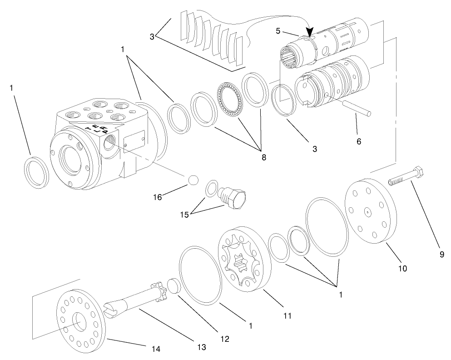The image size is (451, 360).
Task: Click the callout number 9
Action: click(x=441, y=255)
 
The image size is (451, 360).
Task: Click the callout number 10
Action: click(x=402, y=268)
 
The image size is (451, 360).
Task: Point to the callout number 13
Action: click(x=201, y=347)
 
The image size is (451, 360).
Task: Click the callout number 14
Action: click(x=156, y=349)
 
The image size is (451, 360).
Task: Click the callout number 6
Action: click(x=359, y=141)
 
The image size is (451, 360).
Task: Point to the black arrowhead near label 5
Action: click(x=311, y=32)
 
